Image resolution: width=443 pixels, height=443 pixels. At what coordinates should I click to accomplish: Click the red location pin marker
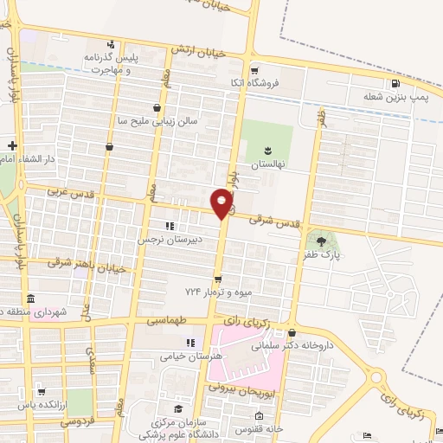tap(222, 202)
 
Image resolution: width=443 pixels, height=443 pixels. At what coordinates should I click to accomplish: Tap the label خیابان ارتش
tap(198, 52)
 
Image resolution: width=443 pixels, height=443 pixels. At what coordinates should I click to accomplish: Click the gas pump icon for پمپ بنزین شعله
tap(396, 84)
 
